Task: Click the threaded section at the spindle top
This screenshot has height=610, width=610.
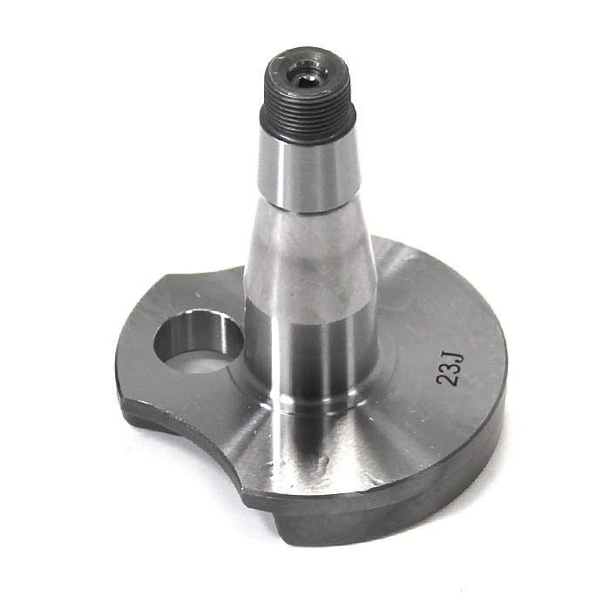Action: [x=309, y=119]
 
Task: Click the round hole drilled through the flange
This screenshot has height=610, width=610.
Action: [x=198, y=341]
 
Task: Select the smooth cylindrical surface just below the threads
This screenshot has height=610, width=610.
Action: [x=308, y=174]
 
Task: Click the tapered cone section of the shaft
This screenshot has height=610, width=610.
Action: [x=309, y=253]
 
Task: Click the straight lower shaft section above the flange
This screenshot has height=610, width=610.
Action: [x=309, y=349]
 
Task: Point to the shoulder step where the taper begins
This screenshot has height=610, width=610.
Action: [x=310, y=209]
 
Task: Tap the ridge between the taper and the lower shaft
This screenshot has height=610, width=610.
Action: [x=309, y=301]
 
